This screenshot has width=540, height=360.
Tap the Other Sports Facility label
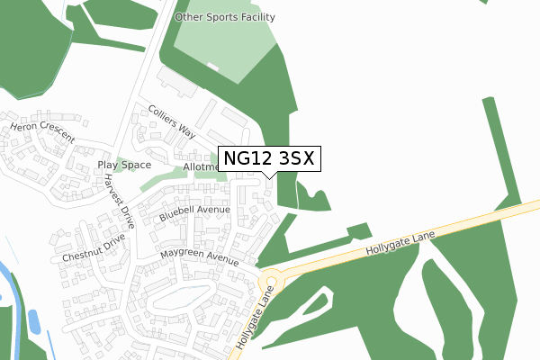coord(225,17)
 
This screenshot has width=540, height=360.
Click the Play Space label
coord(124,166)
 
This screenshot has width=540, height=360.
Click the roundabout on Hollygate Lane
coord(270,279)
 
